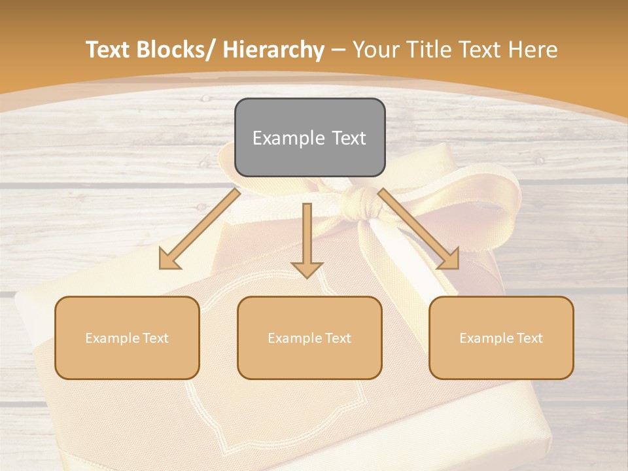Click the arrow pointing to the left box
pyautogui.click(x=200, y=228)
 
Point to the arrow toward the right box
pyautogui.click(x=419, y=228)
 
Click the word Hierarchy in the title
pyautogui.click(x=273, y=50)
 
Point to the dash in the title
pyautogui.click(x=338, y=50)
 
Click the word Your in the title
pyautogui.click(x=374, y=50)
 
